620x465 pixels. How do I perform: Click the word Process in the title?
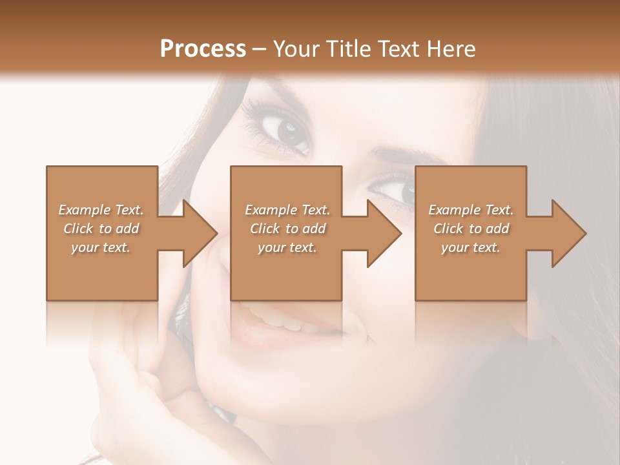[x=203, y=49]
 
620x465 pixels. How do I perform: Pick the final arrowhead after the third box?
[x=568, y=233]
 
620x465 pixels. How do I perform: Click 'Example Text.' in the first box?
[x=101, y=210]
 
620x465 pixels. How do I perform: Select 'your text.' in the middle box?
[x=287, y=247]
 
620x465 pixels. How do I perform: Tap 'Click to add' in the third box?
[x=471, y=229]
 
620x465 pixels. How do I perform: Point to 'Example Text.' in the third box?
[x=471, y=210]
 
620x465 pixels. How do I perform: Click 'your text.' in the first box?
[x=101, y=247]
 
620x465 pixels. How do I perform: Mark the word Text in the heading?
[x=399, y=49]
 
